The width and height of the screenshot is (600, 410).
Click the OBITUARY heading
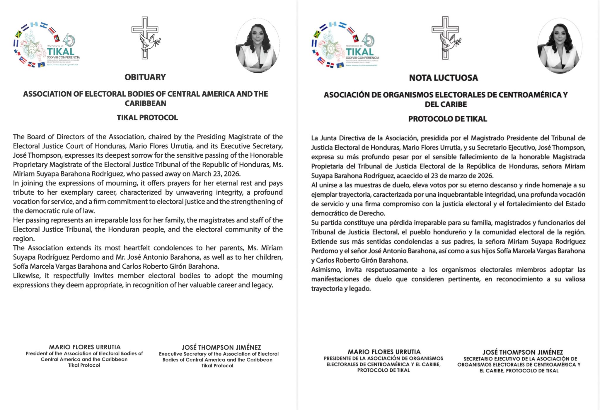click(x=145, y=77)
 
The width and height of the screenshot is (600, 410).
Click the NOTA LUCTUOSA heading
click(x=444, y=78)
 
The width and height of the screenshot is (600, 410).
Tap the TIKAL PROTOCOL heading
click(x=147, y=118)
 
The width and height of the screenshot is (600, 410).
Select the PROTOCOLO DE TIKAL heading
click(x=447, y=119)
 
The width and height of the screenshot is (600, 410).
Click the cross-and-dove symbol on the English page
click(x=146, y=38)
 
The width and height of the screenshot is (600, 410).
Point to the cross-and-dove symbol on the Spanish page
click(x=446, y=38)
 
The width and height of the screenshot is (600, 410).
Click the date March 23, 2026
click(x=216, y=174)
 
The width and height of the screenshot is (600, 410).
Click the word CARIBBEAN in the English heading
click(x=145, y=103)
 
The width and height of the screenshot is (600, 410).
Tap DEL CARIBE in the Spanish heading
click(x=446, y=104)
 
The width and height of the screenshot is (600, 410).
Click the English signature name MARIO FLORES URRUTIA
click(x=85, y=347)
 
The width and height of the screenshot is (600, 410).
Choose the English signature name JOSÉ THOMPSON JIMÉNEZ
click(x=221, y=347)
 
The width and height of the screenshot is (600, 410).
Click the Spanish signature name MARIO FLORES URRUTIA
click(x=384, y=352)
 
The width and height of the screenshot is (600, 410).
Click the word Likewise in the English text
click(x=26, y=276)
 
